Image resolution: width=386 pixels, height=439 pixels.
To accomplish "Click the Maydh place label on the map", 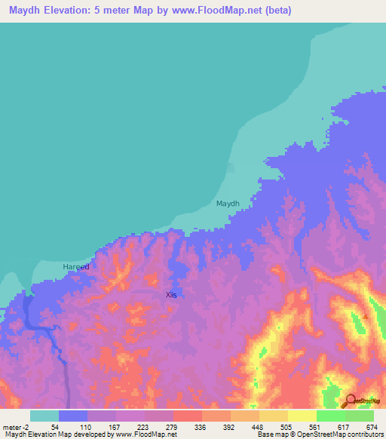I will [228, 204].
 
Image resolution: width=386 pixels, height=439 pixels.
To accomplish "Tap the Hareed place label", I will [75, 267].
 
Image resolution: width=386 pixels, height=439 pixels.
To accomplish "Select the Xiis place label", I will [171, 295].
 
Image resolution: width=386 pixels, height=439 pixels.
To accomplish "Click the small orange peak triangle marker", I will [365, 316].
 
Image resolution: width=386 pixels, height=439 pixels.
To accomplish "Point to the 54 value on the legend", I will [56, 427].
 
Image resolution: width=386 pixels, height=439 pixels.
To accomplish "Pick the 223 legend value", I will [142, 427].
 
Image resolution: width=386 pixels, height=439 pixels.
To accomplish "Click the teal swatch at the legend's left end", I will [44, 416].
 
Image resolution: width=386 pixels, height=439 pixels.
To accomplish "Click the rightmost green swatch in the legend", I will [360, 416].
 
